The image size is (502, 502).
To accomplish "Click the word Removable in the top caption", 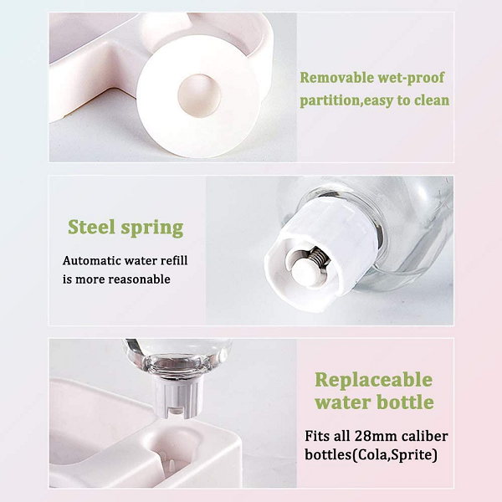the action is coord(336,78).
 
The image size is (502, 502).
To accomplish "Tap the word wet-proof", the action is coord(411,79).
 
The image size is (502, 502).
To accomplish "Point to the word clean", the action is coord(432,100).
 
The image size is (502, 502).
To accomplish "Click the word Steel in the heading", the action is coord(91,227).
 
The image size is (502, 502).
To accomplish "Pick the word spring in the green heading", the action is coord(152,228).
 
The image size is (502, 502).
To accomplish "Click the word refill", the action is coord(174,260).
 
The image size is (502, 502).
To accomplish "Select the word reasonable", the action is coord(139,279).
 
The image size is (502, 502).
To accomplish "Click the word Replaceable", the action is coord(374,381).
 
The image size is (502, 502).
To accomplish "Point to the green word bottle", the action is coord(405,402).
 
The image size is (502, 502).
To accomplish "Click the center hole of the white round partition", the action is coord(199,95).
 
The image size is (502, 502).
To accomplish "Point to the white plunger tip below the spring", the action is coord(307,271).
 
